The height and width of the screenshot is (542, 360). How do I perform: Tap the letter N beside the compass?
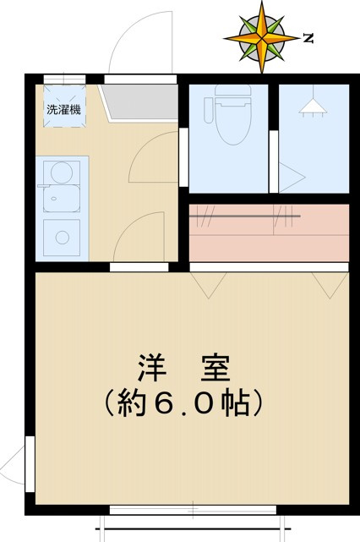309,38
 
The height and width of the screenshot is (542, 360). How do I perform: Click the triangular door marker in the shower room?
292,178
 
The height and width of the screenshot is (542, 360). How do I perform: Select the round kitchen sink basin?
60,173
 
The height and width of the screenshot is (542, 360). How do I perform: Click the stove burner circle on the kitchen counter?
59,234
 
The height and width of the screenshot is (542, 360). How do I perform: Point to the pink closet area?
268,233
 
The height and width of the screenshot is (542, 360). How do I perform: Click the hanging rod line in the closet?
245,216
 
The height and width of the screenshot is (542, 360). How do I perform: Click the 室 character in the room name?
212,369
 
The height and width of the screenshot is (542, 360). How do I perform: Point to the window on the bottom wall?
193,510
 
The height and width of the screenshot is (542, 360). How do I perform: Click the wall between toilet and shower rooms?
274,140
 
